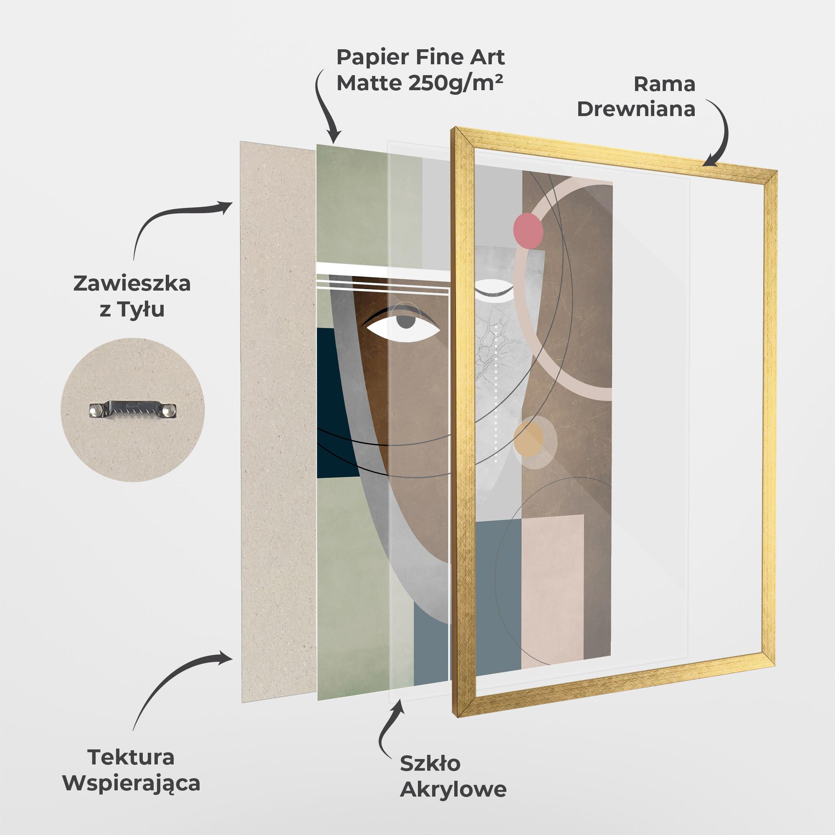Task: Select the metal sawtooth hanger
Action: tap(133, 410)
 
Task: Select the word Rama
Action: tap(664, 85)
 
